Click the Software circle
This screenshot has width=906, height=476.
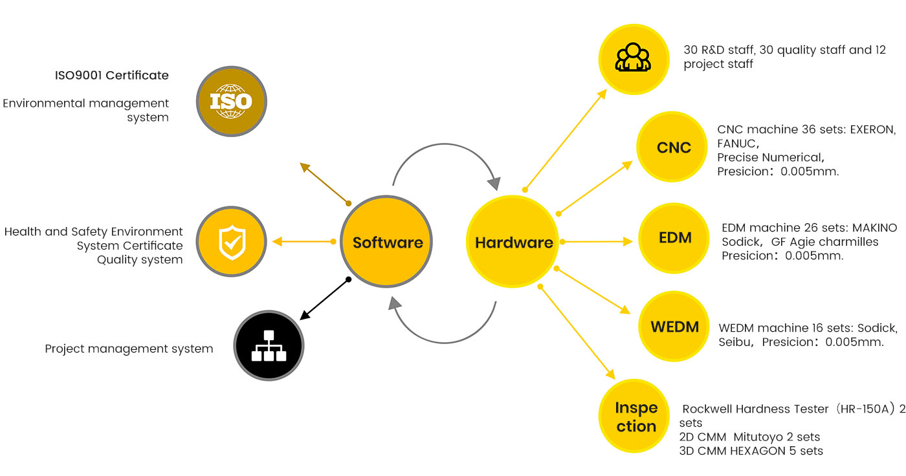click(x=386, y=243)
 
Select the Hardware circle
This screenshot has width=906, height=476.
click(x=513, y=243)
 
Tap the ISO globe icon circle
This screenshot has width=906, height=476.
click(x=232, y=101)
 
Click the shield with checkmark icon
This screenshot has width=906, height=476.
click(x=231, y=242)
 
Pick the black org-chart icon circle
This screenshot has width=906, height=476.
click(x=269, y=345)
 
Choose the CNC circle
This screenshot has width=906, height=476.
click(x=674, y=147)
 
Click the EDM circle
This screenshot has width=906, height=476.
click(x=675, y=237)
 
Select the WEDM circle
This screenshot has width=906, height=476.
click(x=675, y=327)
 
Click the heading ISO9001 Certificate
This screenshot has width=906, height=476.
click(x=111, y=75)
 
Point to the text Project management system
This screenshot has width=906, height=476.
click(x=129, y=349)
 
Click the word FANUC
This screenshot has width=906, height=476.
click(x=736, y=143)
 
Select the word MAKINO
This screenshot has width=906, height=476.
click(x=874, y=228)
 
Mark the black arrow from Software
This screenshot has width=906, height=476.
click(x=325, y=299)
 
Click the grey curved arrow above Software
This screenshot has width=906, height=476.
click(x=447, y=162)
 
